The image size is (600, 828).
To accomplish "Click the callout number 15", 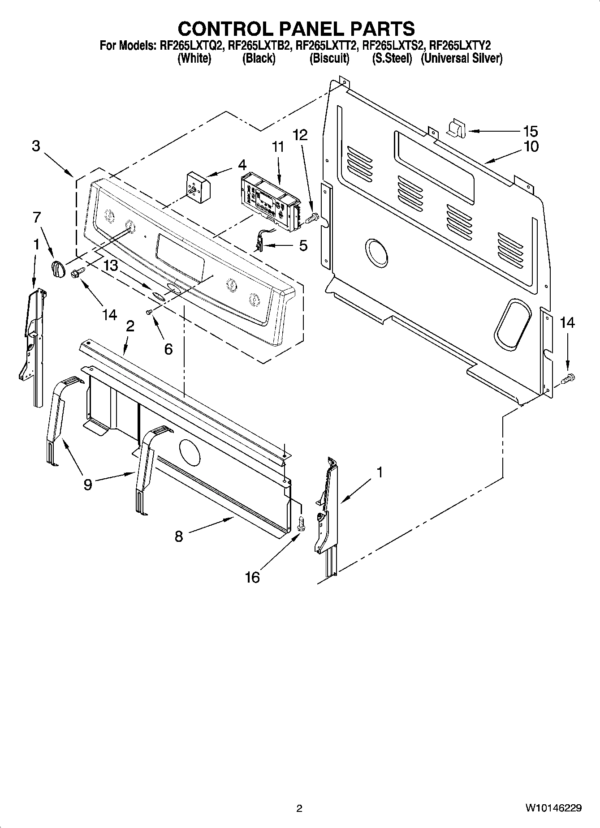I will pos(531,131).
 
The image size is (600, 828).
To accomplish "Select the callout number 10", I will pos(531,146).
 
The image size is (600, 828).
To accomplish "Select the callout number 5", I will pos(303,245).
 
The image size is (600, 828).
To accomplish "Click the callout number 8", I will pos(179,536).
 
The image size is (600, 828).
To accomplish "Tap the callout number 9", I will pos(88,484).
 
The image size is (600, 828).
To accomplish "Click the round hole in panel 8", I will pos(190,451).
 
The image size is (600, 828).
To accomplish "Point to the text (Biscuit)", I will pos(329,58).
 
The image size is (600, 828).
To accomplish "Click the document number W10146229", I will pos(554,808).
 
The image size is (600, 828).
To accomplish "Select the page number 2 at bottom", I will pos(299,808).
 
